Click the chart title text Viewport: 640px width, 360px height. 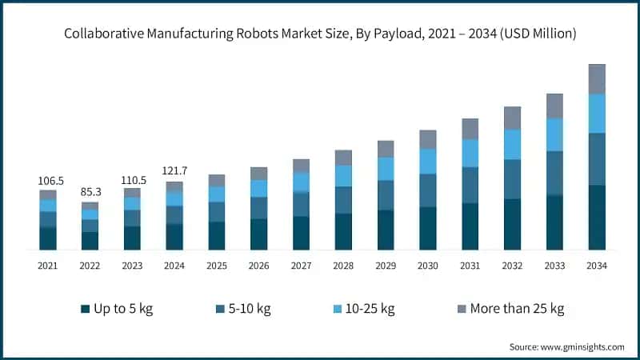pos(320,34)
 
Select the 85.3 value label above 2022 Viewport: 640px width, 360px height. pos(90,193)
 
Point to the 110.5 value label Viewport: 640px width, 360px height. pos(132,180)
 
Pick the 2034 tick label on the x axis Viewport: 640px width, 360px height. pos(597,265)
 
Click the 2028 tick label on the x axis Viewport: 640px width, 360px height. pos(343,265)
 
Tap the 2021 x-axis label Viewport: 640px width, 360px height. pos(48,265)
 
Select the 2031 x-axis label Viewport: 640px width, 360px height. pos(470,265)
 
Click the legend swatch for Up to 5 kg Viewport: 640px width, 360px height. pos(85,309)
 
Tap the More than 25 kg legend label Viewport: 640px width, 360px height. pos(518,309)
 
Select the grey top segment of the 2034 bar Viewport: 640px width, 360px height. pos(597,78)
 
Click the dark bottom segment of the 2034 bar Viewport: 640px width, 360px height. pos(597,217)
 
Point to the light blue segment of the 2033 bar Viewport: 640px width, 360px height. pos(554,134)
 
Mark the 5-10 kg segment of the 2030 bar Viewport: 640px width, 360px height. pos(428,190)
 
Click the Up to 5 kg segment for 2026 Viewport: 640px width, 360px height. pos(258,234)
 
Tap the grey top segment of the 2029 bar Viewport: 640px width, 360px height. pos(386,149)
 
